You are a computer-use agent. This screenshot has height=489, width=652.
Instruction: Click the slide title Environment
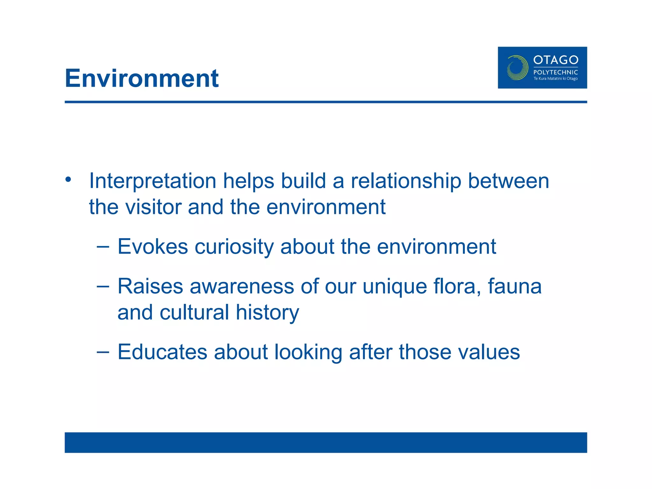click(x=142, y=78)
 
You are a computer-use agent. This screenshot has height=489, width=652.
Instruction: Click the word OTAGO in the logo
click(x=556, y=60)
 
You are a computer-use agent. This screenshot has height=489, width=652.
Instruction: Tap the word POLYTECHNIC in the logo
click(x=556, y=72)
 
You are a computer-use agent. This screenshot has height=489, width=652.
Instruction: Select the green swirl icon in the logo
click(x=517, y=67)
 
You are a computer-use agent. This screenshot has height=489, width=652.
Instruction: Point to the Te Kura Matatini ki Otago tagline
click(x=556, y=79)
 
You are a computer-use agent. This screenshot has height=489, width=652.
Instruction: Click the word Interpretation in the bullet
click(x=152, y=181)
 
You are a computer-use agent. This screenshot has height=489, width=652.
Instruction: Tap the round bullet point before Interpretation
click(x=68, y=180)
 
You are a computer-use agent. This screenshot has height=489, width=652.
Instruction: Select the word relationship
click(x=406, y=181)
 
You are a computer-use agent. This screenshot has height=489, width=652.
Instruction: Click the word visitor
click(x=153, y=207)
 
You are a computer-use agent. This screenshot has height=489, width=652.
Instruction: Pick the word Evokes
click(x=152, y=246)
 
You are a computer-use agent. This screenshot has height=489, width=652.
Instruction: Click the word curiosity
click(x=234, y=247)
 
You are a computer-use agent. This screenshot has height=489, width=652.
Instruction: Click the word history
click(x=267, y=313)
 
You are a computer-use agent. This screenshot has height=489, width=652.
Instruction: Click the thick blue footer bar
click(x=326, y=442)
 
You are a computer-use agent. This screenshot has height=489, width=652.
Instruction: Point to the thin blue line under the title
click(x=326, y=102)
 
